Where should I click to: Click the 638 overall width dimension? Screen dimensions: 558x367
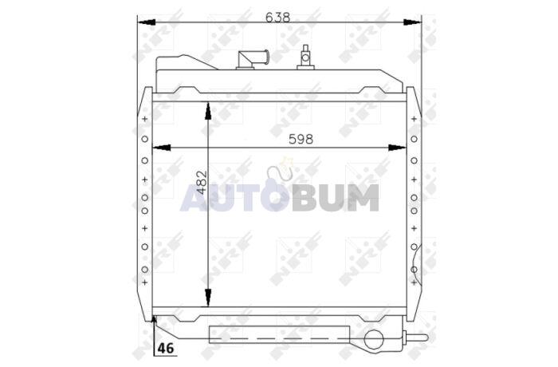point(278,18)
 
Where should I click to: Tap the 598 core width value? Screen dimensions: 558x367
point(301,140)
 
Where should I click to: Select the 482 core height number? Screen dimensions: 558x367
point(202,183)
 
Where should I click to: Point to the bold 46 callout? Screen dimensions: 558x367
point(167,348)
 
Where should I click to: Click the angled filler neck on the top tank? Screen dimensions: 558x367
point(253,59)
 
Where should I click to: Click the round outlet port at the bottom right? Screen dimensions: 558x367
point(374,339)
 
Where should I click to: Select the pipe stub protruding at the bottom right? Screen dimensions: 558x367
point(415,337)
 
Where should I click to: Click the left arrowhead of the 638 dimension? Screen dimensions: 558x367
point(147,22)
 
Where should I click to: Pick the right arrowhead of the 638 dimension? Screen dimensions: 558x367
point(412,22)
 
